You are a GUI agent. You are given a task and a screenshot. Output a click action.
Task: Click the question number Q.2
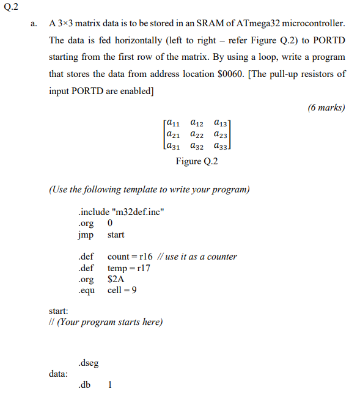pyautogui.click(x=10, y=7)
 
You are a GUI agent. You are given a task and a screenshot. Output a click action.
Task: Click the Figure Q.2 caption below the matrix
pyautogui.click(x=197, y=161)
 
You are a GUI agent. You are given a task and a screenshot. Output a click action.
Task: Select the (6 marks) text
pyautogui.click(x=326, y=107)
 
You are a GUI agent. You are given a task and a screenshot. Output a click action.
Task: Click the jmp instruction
pyautogui.click(x=86, y=235)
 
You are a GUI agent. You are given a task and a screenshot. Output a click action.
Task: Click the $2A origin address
pyautogui.click(x=116, y=279)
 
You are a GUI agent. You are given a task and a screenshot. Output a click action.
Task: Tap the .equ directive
pyautogui.click(x=86, y=290)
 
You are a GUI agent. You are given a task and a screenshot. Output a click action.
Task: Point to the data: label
pyautogui.click(x=59, y=373)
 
